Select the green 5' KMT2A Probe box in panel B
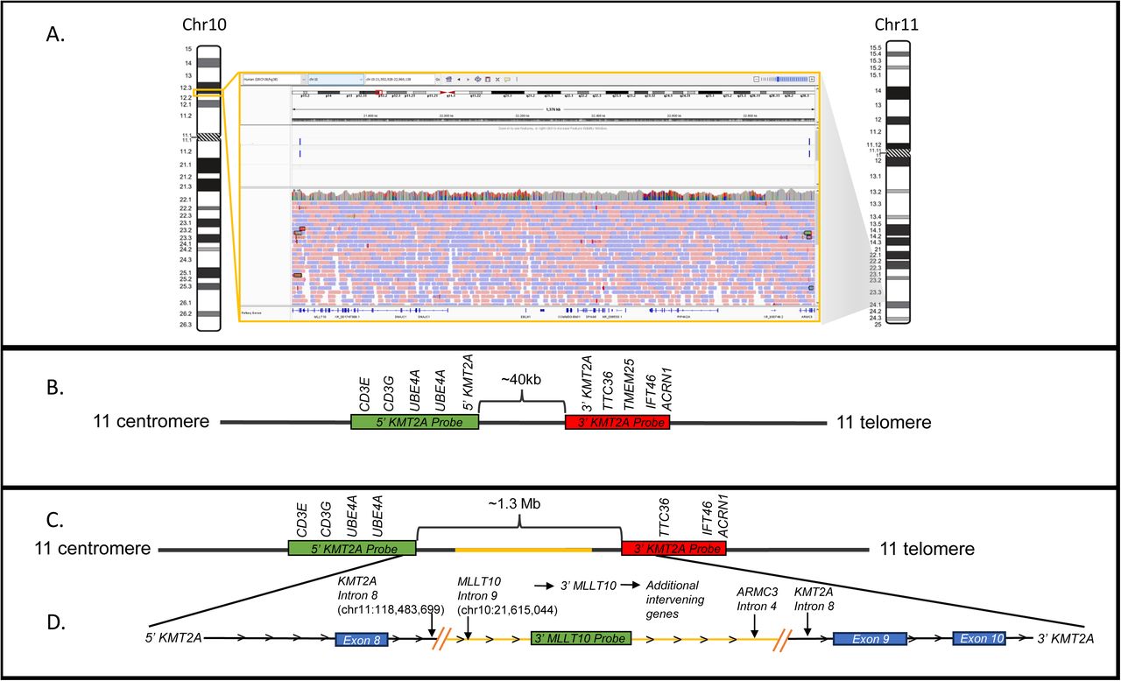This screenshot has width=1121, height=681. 414,422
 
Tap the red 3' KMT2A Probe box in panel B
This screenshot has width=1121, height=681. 617,422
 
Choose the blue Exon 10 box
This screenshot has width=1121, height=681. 979,640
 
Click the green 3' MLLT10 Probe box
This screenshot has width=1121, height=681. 581,640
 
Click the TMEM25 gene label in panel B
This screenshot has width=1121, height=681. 629,377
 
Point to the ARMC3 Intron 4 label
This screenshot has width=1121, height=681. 754,595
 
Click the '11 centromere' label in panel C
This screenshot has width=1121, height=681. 92,550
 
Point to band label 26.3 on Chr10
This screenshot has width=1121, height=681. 186,325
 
